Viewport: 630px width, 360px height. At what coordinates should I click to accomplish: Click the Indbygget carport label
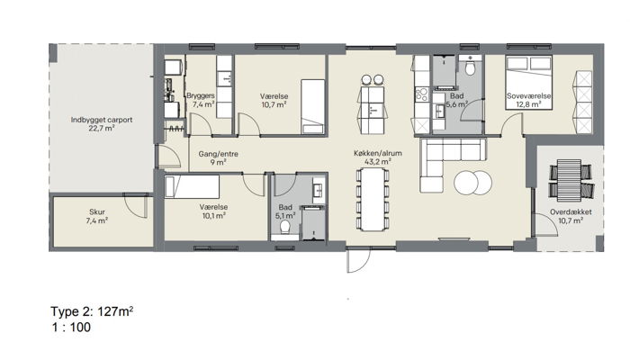(101, 120)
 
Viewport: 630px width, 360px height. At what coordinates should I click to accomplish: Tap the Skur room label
(97, 211)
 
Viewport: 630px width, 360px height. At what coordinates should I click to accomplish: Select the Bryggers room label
(201, 96)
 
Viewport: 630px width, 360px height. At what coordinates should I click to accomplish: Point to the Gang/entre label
(218, 154)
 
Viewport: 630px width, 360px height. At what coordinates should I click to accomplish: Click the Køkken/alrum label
(378, 153)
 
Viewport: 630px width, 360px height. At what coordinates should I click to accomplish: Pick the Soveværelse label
(529, 96)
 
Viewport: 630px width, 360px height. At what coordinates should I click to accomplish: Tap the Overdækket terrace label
(571, 211)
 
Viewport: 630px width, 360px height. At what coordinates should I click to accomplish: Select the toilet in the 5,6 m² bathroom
(470, 67)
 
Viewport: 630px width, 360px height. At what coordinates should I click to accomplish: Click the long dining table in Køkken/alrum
(373, 200)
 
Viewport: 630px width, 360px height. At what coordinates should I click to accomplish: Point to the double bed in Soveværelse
(529, 83)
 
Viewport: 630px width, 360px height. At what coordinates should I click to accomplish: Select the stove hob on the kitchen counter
(422, 94)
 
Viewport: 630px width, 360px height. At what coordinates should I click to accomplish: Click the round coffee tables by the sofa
(472, 183)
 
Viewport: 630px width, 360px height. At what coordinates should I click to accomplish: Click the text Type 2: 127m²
(92, 311)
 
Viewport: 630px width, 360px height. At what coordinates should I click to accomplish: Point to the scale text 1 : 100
(71, 327)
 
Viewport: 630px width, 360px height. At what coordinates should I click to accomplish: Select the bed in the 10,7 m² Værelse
(313, 106)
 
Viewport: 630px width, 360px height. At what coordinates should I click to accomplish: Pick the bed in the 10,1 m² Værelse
(192, 187)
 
